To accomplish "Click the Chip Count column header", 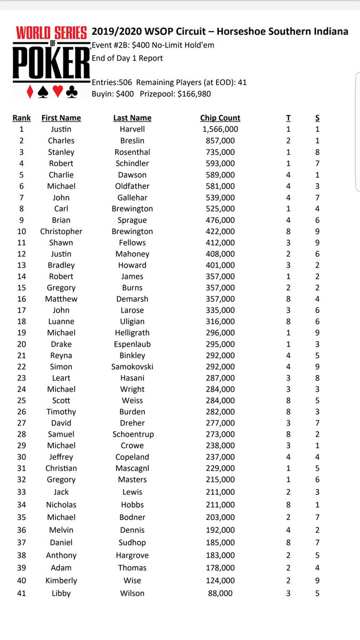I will click(x=220, y=118).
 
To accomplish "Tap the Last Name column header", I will click(x=132, y=118).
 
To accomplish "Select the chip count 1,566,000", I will click(x=220, y=129).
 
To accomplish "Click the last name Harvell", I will click(x=132, y=129).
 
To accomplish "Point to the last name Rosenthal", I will click(x=132, y=152).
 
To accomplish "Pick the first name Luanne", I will click(x=61, y=322).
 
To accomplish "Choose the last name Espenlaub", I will click(x=132, y=344).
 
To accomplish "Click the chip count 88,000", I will click(x=220, y=593).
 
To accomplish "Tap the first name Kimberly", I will click(x=61, y=580).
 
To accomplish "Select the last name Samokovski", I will click(x=132, y=367).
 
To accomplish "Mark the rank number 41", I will click(x=21, y=593).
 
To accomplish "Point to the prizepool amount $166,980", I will click(x=191, y=94).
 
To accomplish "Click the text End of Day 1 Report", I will click(x=127, y=58).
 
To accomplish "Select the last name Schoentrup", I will click(x=132, y=434).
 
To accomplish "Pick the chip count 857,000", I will click(x=220, y=141).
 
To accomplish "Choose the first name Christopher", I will click(x=61, y=231).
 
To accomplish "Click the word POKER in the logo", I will click(x=51, y=63).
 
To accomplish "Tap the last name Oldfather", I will click(x=132, y=186).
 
